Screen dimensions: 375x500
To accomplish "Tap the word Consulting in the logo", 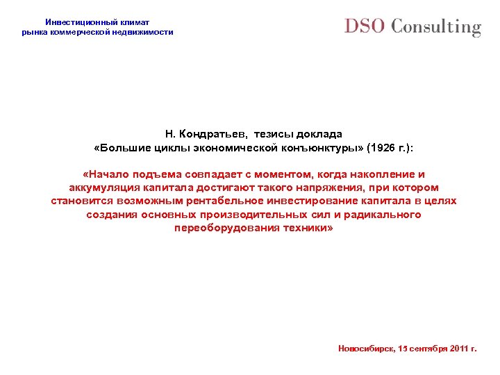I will coord(435,28).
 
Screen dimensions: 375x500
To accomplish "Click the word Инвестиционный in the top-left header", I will coord(78,22).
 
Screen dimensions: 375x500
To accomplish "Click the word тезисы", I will coord(273,133).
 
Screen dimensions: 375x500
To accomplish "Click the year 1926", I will coord(383,147).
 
